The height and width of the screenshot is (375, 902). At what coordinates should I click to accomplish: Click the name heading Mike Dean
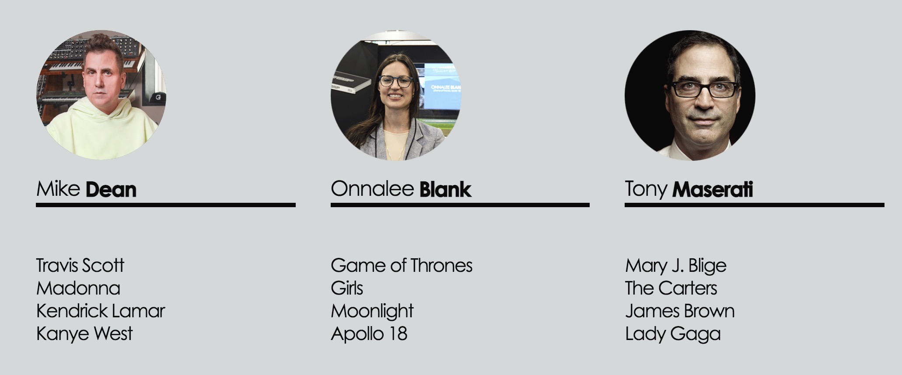click(86, 189)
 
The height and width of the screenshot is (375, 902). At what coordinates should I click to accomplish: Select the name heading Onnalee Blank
click(401, 189)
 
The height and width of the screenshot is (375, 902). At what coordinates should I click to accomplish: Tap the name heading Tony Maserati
click(689, 189)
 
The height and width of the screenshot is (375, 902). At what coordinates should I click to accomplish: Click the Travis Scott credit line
click(80, 265)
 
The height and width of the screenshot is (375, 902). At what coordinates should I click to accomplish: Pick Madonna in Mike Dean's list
click(78, 288)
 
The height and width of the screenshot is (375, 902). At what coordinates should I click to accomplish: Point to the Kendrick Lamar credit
click(101, 311)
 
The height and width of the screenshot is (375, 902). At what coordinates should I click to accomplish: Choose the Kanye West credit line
click(84, 333)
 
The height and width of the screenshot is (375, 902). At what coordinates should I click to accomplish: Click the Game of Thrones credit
click(402, 265)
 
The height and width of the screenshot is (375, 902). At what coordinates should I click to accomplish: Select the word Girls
click(347, 288)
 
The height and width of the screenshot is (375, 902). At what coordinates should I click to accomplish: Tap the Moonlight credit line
click(372, 311)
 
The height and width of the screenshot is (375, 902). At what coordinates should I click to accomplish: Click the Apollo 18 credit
click(369, 333)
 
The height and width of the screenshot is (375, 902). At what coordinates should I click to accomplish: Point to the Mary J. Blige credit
click(676, 265)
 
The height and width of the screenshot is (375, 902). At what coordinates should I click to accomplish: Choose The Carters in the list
click(671, 288)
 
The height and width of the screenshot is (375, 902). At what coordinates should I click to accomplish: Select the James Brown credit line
click(680, 311)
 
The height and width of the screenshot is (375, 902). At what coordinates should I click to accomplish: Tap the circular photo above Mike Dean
click(101, 95)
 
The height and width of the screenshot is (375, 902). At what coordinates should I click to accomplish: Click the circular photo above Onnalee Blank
click(396, 95)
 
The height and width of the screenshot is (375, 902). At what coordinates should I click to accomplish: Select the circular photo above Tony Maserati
click(690, 95)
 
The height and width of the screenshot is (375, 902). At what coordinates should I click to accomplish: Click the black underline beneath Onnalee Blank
click(460, 205)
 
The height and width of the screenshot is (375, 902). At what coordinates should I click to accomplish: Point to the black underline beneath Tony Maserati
click(755, 205)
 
